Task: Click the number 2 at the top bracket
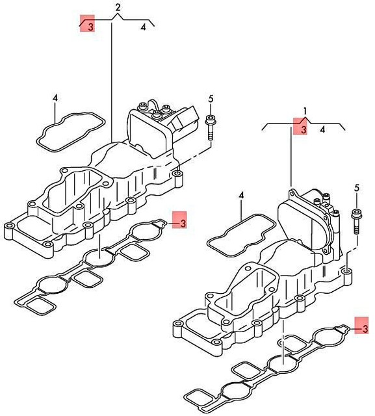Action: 118,7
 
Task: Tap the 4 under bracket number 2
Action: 143,27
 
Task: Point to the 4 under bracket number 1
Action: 322,130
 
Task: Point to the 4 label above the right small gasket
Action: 240,195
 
